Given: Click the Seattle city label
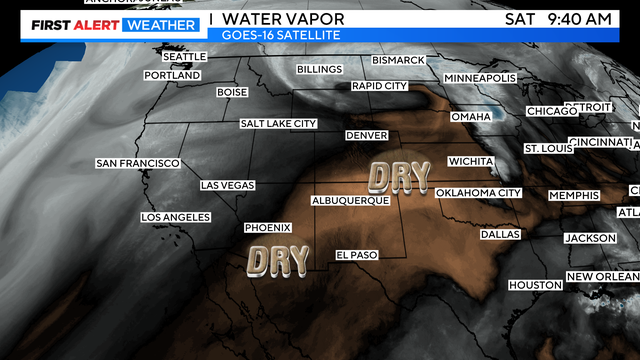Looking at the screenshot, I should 184,57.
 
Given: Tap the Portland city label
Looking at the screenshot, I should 172,75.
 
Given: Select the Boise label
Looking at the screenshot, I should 232,92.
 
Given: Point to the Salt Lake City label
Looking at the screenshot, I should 278,124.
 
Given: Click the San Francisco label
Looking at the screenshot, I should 138,163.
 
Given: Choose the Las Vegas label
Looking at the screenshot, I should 227,185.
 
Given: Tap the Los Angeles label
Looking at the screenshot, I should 176,217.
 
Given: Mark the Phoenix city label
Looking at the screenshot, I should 268,227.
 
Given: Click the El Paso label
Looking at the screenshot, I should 357,255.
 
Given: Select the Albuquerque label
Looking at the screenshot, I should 350,200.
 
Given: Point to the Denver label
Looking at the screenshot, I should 366,135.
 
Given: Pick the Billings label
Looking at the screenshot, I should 320,69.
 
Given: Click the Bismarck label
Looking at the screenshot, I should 398,60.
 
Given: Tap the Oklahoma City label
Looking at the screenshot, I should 479,192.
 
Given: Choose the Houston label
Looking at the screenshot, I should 535,285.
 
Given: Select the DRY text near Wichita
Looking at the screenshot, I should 400,177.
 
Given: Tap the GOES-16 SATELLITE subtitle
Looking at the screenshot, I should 281,35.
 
